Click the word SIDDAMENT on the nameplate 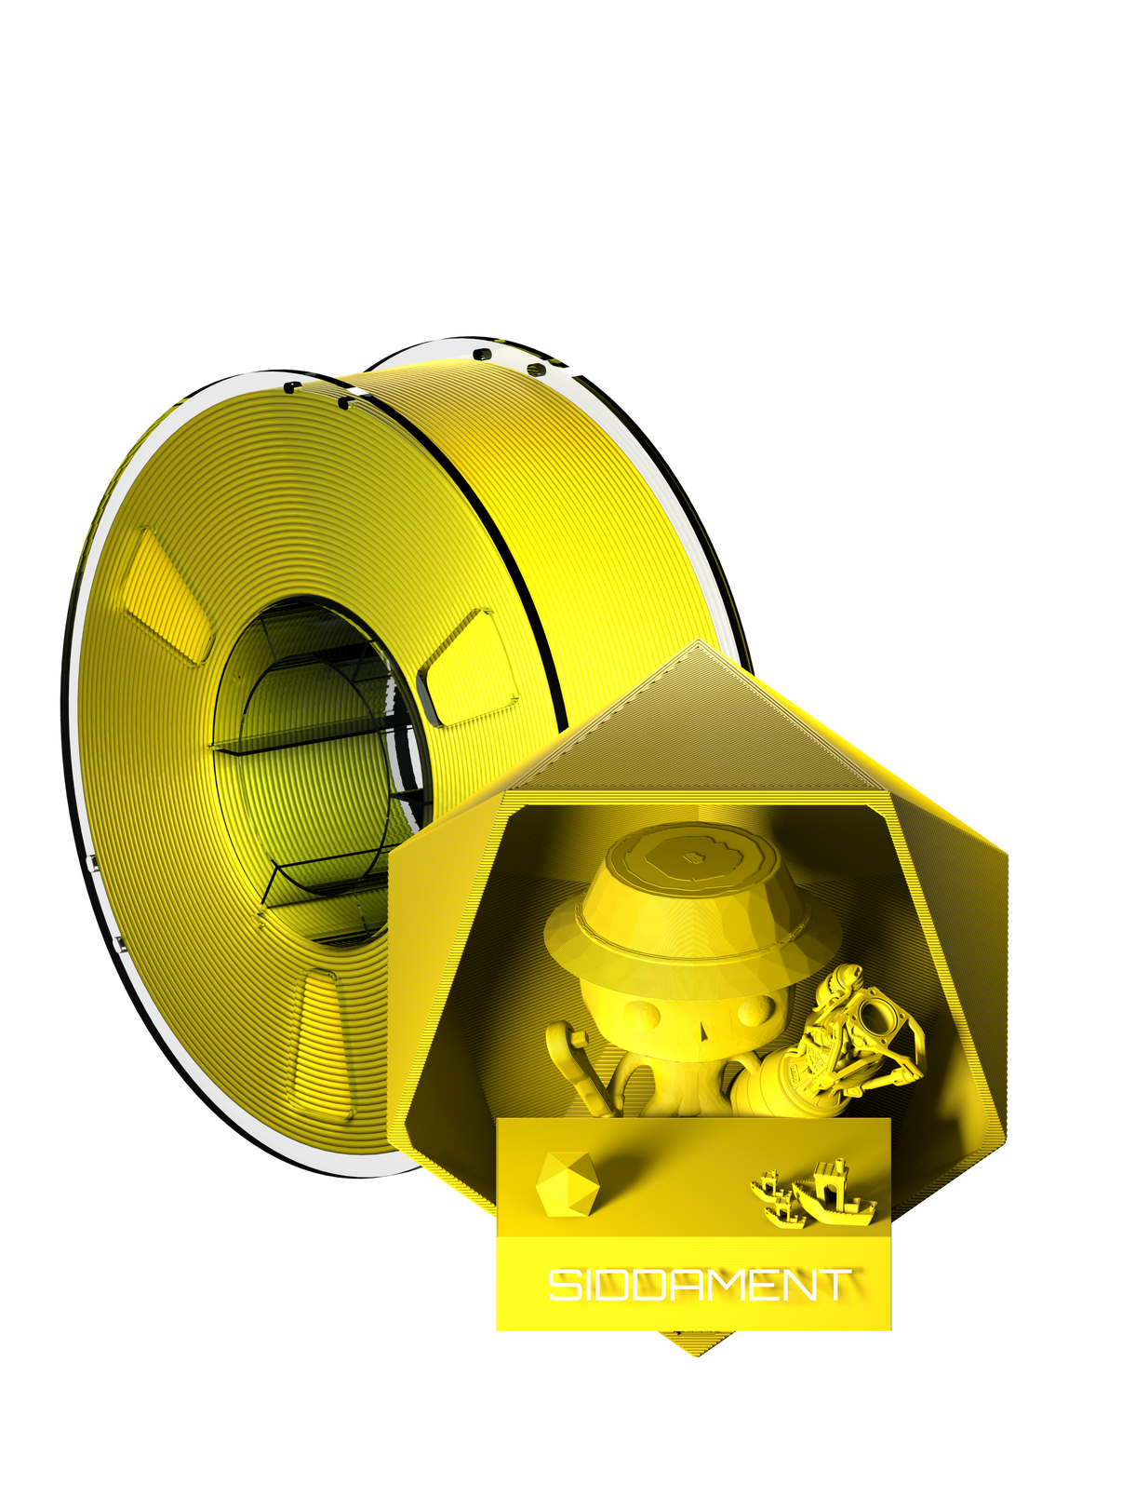coord(698,1286)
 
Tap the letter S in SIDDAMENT coord(561,1286)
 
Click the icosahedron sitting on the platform coord(566,1184)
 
